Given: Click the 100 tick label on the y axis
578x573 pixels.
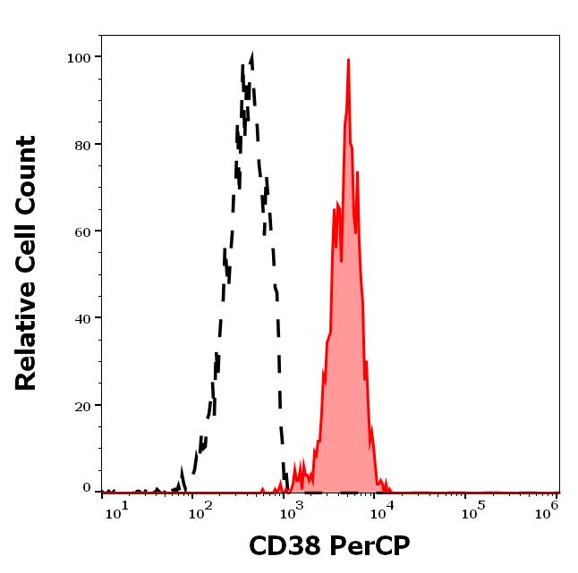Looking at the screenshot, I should [79, 58].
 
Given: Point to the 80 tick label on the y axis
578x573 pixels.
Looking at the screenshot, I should [82, 145].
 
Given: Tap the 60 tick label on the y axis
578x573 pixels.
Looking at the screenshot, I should [82, 232].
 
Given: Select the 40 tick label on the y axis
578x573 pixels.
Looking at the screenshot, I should [82, 318].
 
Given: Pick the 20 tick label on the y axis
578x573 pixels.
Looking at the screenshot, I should [82, 406].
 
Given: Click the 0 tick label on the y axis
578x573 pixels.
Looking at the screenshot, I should [87, 489].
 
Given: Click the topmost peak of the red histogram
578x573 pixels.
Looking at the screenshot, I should [348, 60].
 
